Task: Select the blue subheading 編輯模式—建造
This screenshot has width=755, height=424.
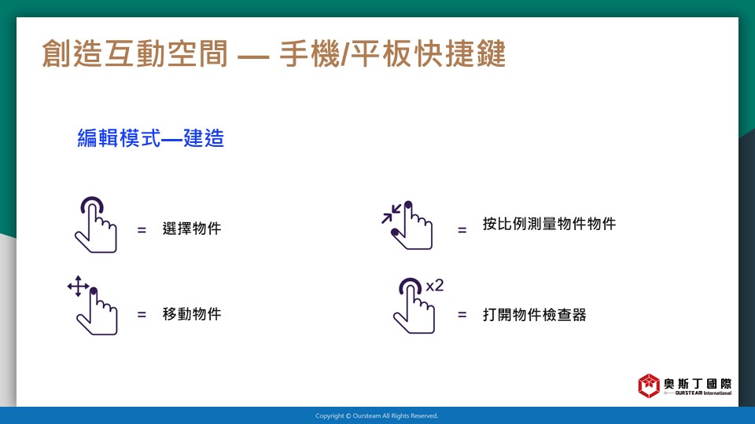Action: (x=151, y=138)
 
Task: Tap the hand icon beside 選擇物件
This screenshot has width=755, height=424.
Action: (x=96, y=225)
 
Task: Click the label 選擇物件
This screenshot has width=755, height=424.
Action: (x=192, y=228)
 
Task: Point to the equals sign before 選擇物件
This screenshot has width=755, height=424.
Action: (x=142, y=230)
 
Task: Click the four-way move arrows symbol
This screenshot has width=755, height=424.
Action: (x=78, y=287)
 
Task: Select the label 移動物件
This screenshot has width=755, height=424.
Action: (x=192, y=314)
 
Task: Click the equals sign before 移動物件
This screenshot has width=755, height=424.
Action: (x=142, y=315)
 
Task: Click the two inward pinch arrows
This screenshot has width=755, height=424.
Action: (x=391, y=214)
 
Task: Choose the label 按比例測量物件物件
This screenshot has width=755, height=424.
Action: (x=550, y=224)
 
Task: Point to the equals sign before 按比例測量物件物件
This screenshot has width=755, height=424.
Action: (x=462, y=230)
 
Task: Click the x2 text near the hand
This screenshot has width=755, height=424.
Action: (x=435, y=286)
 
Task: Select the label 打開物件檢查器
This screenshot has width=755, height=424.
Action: (x=535, y=315)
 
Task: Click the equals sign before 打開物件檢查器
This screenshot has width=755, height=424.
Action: (x=462, y=315)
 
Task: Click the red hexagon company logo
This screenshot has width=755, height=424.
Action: (x=649, y=386)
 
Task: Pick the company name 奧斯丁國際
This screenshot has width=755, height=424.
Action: (x=698, y=384)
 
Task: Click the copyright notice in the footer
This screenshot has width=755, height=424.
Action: (x=377, y=416)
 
